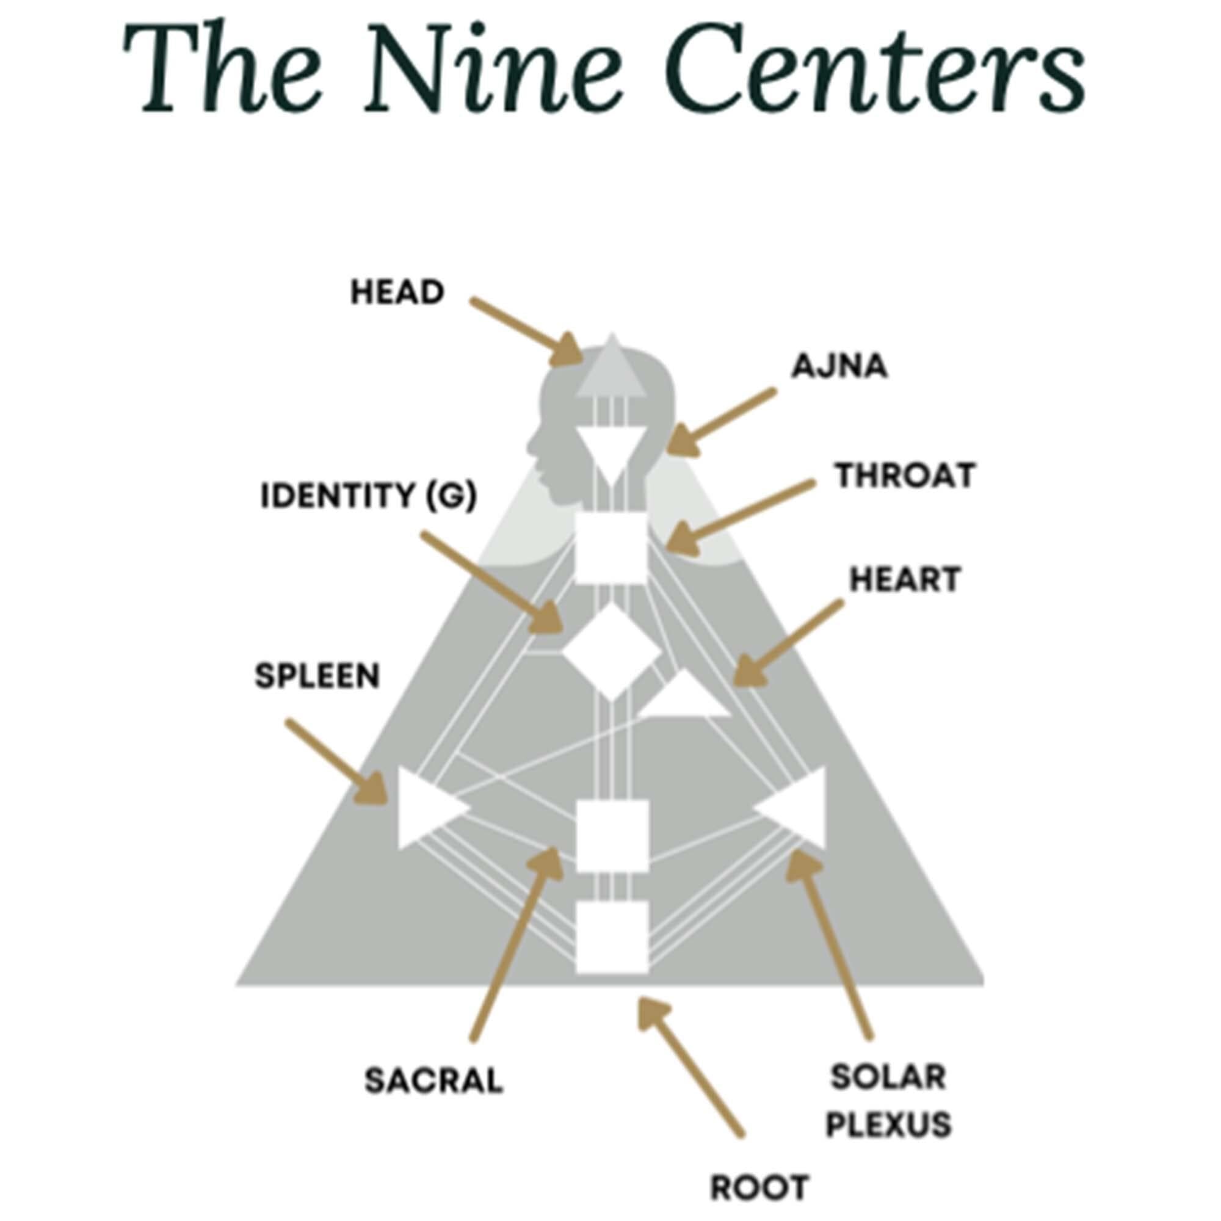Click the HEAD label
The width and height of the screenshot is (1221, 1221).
tap(397, 292)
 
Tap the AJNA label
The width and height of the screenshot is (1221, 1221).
tap(839, 366)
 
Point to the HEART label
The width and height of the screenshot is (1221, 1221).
tap(905, 579)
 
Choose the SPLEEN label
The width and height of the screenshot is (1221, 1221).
tap(317, 676)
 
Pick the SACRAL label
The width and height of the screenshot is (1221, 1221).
tap(433, 1080)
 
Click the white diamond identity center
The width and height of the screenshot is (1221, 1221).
tap(610, 651)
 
